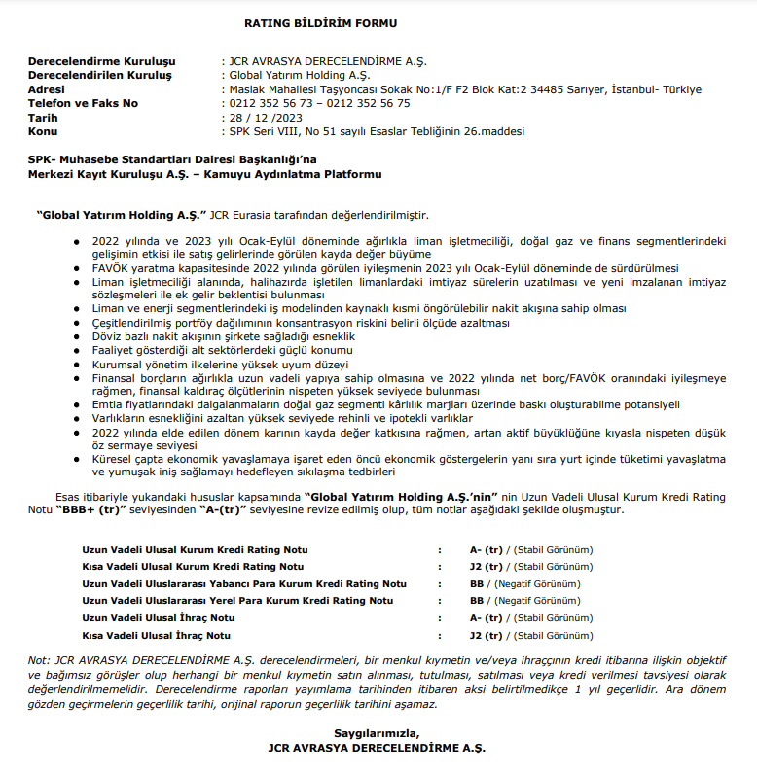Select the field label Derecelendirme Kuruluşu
pos(100,61)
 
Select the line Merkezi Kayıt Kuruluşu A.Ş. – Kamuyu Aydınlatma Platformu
pos(204,174)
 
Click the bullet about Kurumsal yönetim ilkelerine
pos(220,363)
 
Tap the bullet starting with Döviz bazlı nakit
pos(224,335)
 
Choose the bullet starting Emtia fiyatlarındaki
pos(386,403)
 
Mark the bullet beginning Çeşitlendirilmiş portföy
pos(301,322)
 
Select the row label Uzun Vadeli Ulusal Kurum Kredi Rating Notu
pos(195,550)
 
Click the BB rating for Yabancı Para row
pos(477,584)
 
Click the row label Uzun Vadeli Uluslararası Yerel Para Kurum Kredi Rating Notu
pos(237,601)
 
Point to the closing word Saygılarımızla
pos(378,732)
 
